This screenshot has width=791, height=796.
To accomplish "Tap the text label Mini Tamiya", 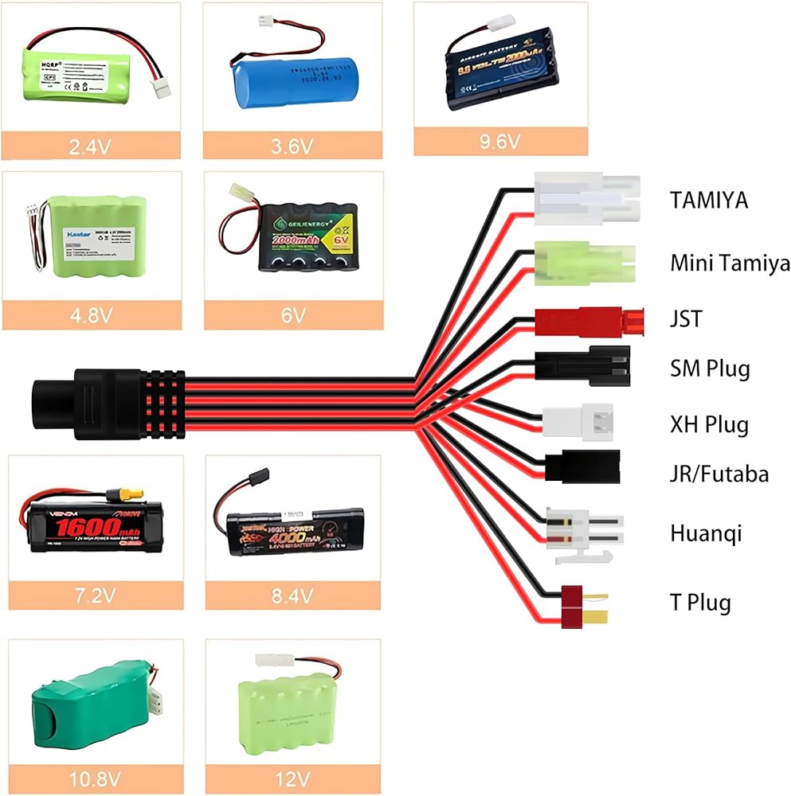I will click(729, 262).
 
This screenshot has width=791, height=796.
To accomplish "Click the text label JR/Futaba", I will click(719, 474).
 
